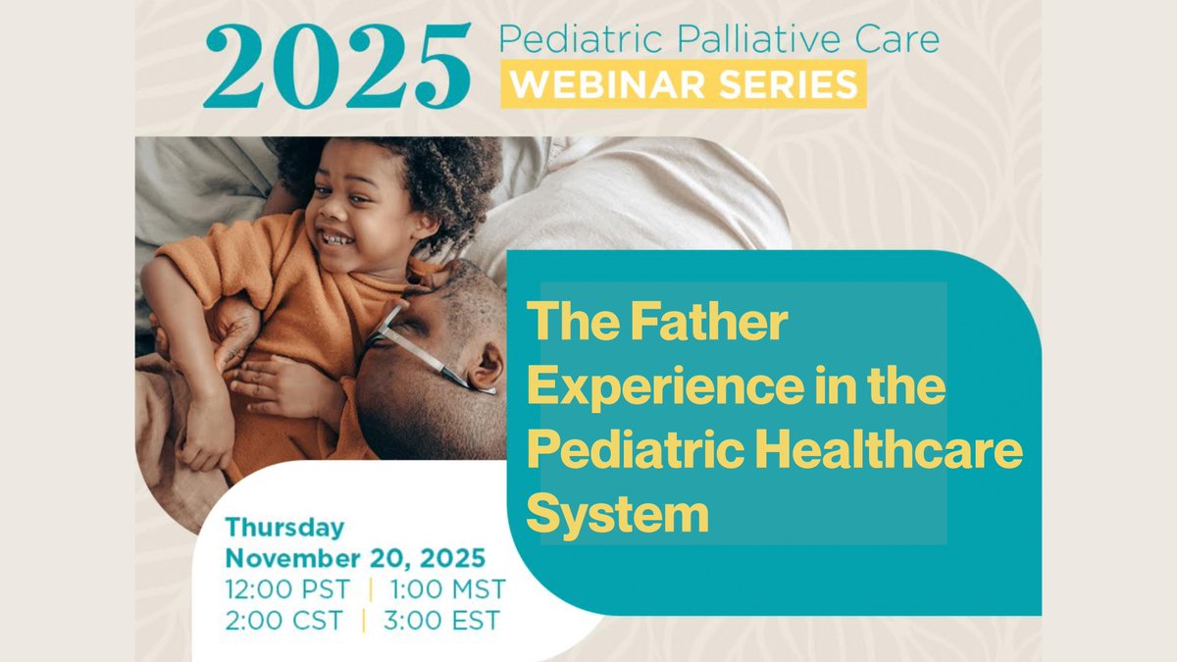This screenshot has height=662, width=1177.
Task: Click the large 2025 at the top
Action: pyautogui.click(x=336, y=66)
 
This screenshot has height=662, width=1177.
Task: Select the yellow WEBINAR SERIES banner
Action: pyautogui.click(x=684, y=84)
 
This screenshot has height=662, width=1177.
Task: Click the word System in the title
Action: pyautogui.click(x=617, y=514)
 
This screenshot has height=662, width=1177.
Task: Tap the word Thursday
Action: pyautogui.click(x=284, y=527)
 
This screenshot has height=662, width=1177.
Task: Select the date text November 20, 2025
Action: pyautogui.click(x=355, y=558)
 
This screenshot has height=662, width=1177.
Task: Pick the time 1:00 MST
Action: pyautogui.click(x=446, y=589)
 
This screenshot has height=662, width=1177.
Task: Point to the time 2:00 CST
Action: pyautogui.click(x=283, y=620)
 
